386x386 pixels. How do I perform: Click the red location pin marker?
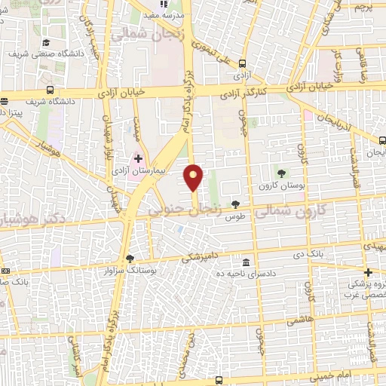click(x=195, y=177)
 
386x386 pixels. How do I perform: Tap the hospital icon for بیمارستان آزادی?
click(x=138, y=159)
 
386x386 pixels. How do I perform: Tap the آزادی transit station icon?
click(x=243, y=63)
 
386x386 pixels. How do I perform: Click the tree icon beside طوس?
click(x=237, y=204)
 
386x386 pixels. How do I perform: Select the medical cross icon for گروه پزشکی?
click(x=367, y=273)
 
